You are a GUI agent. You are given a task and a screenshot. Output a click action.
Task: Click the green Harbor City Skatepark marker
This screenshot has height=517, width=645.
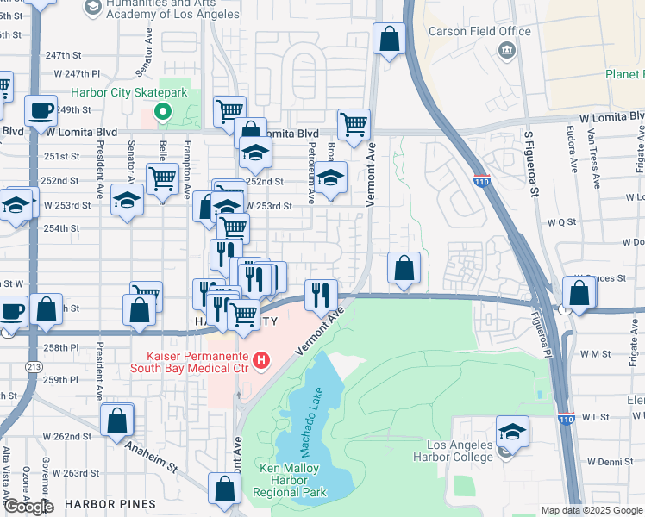[161, 112]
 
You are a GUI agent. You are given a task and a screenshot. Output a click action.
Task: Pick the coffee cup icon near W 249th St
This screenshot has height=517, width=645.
[41, 111]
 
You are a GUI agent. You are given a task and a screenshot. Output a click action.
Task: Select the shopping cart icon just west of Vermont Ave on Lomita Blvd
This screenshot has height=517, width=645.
[354, 125]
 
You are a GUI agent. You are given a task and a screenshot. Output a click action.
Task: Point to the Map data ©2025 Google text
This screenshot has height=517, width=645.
[591, 510]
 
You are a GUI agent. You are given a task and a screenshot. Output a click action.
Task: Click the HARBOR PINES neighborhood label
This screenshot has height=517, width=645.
[110, 503]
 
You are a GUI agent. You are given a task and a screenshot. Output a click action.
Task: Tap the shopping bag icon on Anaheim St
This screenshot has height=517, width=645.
[117, 421]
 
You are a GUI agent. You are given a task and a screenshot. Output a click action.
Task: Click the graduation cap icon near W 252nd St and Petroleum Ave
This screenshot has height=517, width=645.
[329, 178]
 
